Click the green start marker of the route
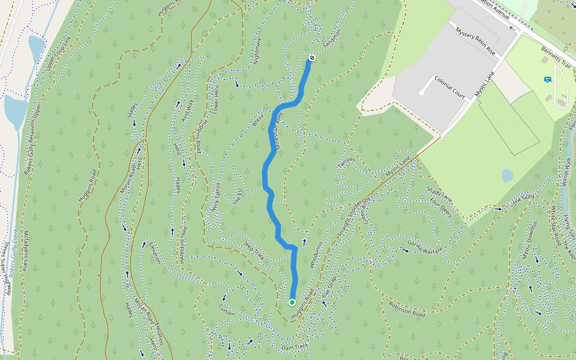click(x=292, y=302)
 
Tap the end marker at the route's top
click(x=312, y=58)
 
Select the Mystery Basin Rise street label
click(x=475, y=41)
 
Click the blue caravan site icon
click(x=547, y=79)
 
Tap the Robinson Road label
click(x=407, y=309)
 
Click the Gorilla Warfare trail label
click(x=425, y=245)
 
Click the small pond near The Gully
click(x=508, y=175)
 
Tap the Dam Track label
click(x=295, y=347)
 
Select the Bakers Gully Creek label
click(x=13, y=258)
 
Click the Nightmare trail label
click(x=259, y=50)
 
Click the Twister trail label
click(x=346, y=163)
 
